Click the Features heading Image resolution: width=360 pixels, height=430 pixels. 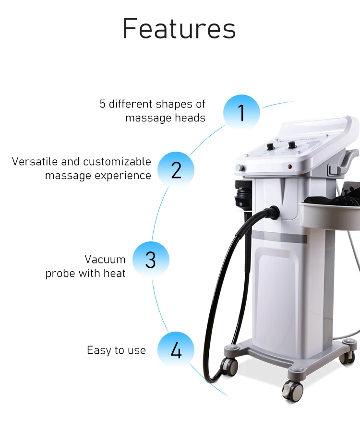tap(179, 28)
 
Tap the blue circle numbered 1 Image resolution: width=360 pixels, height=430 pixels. tap(241, 112)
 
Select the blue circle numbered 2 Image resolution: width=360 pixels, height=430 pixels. tap(176, 170)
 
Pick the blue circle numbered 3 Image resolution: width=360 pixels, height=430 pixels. tap(151, 260)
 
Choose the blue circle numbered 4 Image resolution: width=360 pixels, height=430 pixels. tap(176, 350)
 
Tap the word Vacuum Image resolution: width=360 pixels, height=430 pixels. tap(105, 260)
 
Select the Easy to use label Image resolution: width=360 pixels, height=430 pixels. tap(116, 350)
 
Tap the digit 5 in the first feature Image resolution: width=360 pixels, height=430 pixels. tap(102, 104)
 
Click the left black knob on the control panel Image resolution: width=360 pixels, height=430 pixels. tap(271, 146)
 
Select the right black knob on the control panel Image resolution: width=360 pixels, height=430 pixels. tap(292, 144)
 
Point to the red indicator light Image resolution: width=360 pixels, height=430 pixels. tap(289, 167)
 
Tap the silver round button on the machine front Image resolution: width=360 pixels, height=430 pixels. tap(240, 168)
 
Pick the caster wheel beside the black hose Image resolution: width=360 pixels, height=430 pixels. tap(229, 366)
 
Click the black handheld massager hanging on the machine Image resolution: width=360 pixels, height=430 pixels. tap(243, 195)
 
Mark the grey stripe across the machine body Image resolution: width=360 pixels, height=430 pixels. tap(279, 237)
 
